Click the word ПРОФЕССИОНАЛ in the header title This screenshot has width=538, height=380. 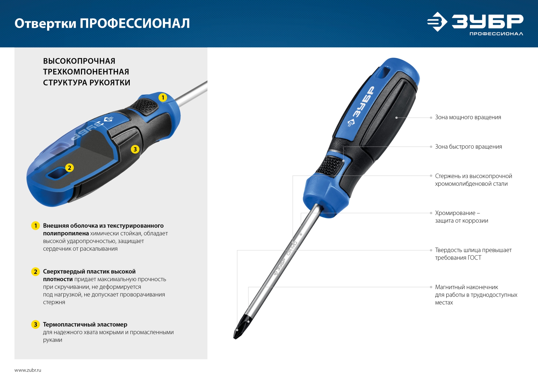[x=135, y=24]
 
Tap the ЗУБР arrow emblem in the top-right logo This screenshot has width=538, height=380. [x=437, y=22]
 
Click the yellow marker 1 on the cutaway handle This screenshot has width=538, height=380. [x=163, y=97]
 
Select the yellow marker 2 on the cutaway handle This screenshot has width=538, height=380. [x=69, y=168]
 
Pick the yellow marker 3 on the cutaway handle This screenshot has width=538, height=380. [x=135, y=149]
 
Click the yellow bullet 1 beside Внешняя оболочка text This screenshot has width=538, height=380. [x=35, y=226]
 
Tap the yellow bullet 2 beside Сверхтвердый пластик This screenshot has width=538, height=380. [x=35, y=272]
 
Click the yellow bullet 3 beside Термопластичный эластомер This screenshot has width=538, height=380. [x=35, y=325]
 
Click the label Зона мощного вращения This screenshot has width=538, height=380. [x=468, y=117]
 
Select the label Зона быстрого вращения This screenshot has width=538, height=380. [x=468, y=147]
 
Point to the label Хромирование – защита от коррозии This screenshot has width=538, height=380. [x=461, y=217]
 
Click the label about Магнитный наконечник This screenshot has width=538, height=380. [x=476, y=295]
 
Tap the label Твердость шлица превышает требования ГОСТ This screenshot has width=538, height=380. [x=473, y=254]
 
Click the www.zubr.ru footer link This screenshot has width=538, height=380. [x=28, y=370]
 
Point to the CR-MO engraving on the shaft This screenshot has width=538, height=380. [x=292, y=248]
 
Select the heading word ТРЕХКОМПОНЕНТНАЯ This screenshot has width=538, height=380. [x=86, y=72]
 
